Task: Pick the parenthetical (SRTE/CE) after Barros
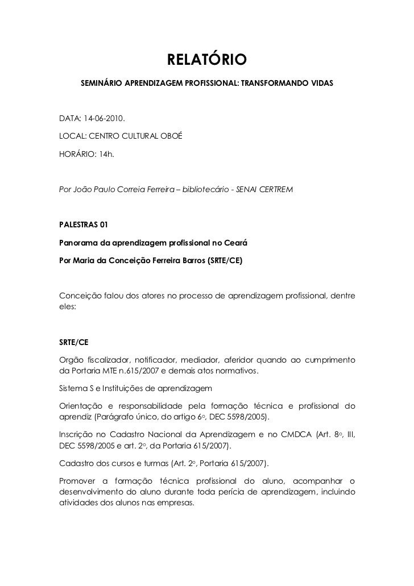225,260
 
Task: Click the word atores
145,294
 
